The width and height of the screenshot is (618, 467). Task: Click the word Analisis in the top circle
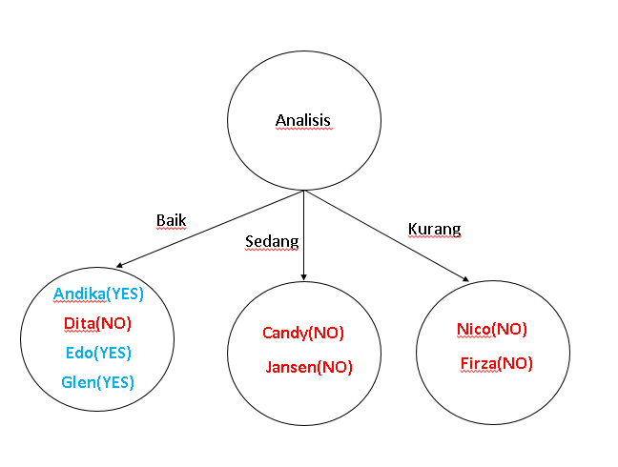[x=302, y=121]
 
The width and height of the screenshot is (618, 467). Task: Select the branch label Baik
[x=171, y=220]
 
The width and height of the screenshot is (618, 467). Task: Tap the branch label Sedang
[x=271, y=241]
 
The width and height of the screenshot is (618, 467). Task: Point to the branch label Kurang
[x=434, y=229]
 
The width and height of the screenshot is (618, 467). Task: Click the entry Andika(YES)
[x=98, y=294]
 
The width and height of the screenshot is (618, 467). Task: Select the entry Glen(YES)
[x=97, y=382]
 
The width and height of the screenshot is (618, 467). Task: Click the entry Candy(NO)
[x=302, y=334]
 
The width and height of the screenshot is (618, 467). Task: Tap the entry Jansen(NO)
[x=309, y=366]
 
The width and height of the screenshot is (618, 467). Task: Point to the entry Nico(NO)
[x=491, y=330]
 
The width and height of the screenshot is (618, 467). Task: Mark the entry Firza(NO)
[x=496, y=363]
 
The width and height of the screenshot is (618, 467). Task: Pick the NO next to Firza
[x=516, y=363]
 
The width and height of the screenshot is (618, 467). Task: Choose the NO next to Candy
[x=327, y=334]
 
